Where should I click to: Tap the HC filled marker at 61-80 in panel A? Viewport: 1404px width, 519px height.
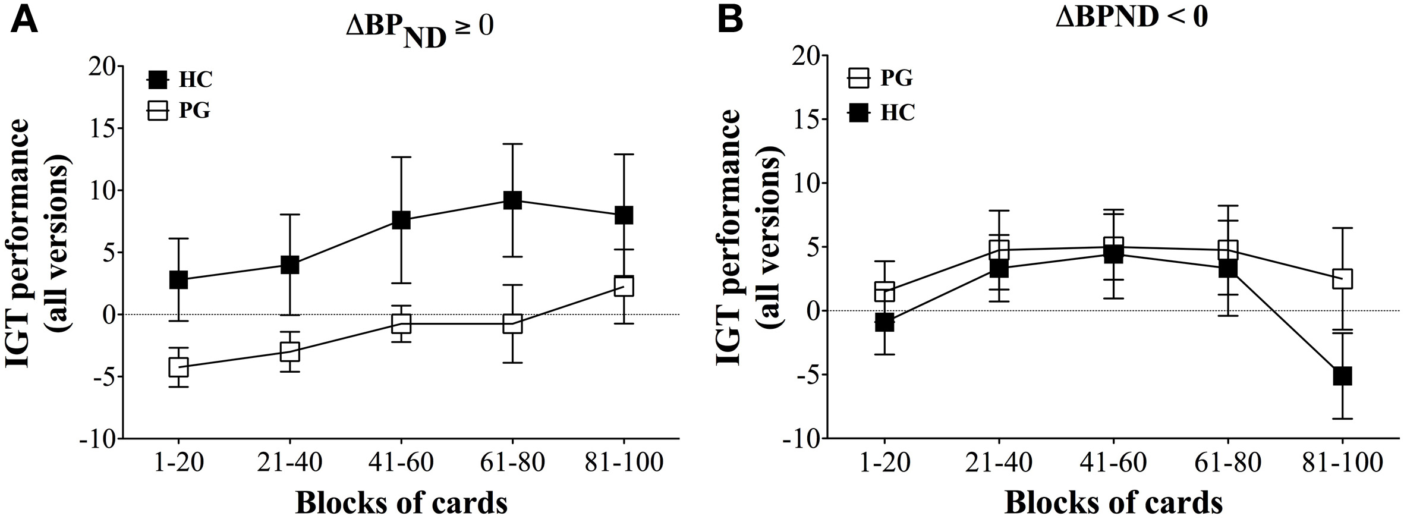(512, 200)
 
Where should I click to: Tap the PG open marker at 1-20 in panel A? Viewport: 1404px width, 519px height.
(178, 367)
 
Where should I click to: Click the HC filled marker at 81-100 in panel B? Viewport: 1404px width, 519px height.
(1342, 376)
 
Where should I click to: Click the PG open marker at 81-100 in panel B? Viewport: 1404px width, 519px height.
(1342, 279)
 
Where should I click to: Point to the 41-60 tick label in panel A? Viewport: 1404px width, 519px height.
(401, 463)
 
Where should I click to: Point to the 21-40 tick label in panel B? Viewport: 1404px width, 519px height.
(999, 463)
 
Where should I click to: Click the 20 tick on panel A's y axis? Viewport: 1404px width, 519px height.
(102, 66)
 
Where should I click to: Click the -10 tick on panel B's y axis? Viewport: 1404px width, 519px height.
(801, 439)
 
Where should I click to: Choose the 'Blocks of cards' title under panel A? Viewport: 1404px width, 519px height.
(401, 503)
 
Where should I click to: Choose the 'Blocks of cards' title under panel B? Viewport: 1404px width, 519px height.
(1113, 503)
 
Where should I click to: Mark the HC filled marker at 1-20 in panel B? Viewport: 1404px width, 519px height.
(884, 322)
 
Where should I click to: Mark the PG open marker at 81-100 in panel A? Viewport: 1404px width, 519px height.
(624, 286)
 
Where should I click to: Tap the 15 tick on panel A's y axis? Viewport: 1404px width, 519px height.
(102, 128)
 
